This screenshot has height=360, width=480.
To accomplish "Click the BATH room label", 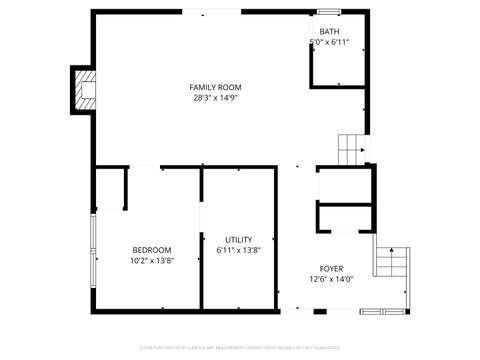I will coord(329,32).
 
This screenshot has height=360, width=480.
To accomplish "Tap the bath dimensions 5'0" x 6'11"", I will coord(329,43).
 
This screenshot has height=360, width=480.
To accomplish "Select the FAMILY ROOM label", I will coord(215,87).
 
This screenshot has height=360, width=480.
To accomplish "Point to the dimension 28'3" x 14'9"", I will coord(215,99).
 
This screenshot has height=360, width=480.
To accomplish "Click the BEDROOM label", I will coord(152,250).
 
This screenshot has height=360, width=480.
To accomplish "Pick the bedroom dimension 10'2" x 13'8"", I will coord(152,261).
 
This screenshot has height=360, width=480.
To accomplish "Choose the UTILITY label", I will coord(238,239).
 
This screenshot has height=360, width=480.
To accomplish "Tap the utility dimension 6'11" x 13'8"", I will coord(238,250).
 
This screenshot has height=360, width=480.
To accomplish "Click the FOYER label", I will coord(331,269).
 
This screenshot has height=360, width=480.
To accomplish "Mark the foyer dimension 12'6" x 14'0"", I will coord(331,280).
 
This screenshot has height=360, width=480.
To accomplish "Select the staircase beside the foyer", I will coord(392,262).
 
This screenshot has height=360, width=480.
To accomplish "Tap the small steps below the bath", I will coord(351,149).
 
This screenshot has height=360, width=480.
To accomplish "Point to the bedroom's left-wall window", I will coord(93,250).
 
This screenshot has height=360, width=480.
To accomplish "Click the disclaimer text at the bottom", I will coord(240,350).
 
